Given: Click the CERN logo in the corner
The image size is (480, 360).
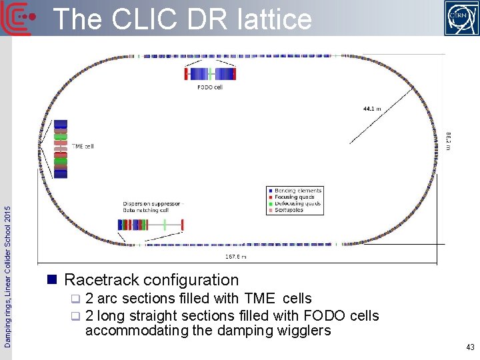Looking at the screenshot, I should [x=461, y=18].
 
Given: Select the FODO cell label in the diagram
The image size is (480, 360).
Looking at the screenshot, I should [x=209, y=87].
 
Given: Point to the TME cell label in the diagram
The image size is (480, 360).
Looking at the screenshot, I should [x=83, y=146].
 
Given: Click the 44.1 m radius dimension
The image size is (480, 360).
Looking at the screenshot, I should [x=372, y=108].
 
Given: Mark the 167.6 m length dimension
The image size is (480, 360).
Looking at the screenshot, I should [x=236, y=257].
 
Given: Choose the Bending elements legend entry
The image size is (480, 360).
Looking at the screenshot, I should [x=298, y=191].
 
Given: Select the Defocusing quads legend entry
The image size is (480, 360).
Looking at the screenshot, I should [x=298, y=203].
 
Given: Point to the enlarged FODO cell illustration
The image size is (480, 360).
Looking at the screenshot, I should [x=209, y=73].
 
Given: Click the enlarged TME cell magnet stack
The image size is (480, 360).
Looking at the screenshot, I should [x=61, y=149].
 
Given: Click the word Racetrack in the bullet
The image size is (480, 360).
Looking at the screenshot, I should [x=101, y=280].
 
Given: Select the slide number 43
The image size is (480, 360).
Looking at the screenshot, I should [x=470, y=347].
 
